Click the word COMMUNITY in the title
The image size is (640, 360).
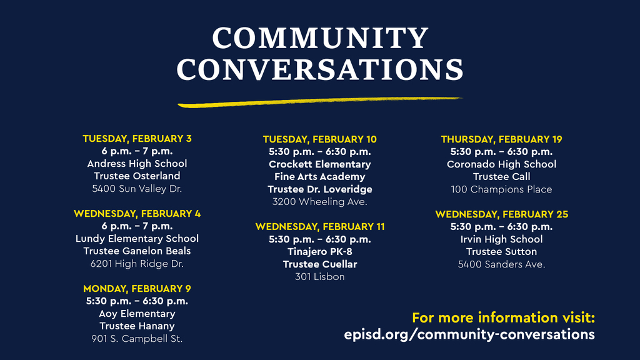320,39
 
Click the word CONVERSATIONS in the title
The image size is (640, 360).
320,70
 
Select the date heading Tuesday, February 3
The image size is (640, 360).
137,138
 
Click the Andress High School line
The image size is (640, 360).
137,163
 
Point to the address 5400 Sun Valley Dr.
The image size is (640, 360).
137,188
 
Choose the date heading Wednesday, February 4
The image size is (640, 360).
137,213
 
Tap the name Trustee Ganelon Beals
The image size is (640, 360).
137,251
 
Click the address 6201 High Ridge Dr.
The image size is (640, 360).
137,263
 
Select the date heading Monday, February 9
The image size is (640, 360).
137,288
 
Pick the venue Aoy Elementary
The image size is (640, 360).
137,313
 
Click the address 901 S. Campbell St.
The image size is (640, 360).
137,338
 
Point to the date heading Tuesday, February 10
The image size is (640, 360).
320,139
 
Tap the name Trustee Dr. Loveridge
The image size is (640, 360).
320,189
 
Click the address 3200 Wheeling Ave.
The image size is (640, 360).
320,201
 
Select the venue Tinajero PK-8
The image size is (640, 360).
320,251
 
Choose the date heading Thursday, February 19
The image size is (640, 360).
501,139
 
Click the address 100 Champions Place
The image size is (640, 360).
501,189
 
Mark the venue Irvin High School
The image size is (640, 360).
501,239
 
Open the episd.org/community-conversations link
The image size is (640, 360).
469,334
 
